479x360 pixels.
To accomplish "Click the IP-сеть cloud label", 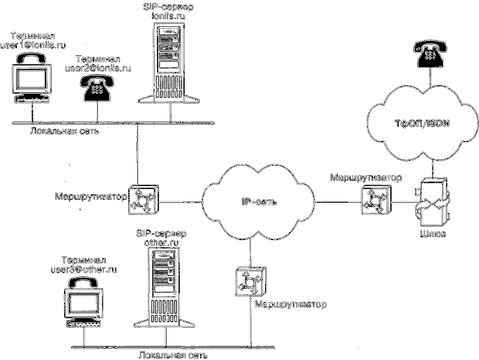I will [x=255, y=202].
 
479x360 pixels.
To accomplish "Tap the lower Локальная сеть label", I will [x=173, y=355].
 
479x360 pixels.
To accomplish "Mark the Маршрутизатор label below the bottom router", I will [x=290, y=305].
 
